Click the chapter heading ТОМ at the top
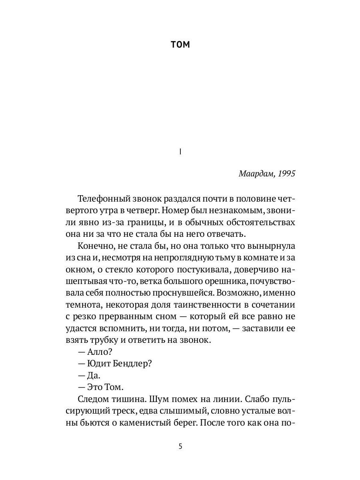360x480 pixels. [180, 45]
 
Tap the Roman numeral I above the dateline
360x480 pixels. [180, 152]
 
